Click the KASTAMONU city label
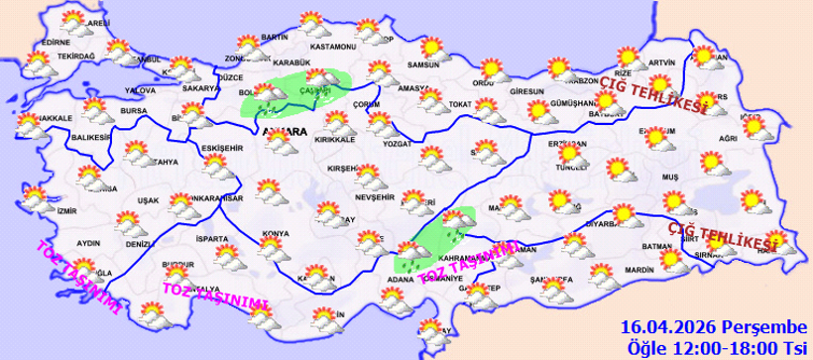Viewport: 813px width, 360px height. (332, 47)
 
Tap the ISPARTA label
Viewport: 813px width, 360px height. (212, 239)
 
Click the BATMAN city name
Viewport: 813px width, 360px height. (657, 245)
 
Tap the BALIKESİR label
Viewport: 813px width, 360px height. (88, 138)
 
